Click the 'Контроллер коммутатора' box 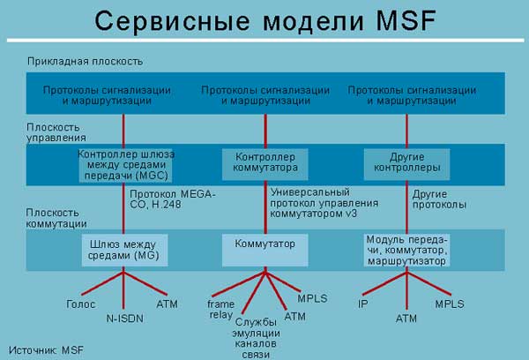pyautogui.click(x=265, y=162)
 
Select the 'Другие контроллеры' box pyautogui.click(x=407, y=162)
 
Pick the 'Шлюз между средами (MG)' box pyautogui.click(x=123, y=249)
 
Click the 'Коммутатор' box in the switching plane pyautogui.click(x=265, y=243)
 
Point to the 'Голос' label pyautogui.click(x=80, y=304)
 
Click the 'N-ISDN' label pyautogui.click(x=123, y=318)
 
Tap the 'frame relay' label pyautogui.click(x=221, y=309)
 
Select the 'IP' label pyautogui.click(x=362, y=304)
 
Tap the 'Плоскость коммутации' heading pyautogui.click(x=57, y=218)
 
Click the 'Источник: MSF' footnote pyautogui.click(x=48, y=349)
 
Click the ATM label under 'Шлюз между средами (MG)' pyautogui.click(x=168, y=304)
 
